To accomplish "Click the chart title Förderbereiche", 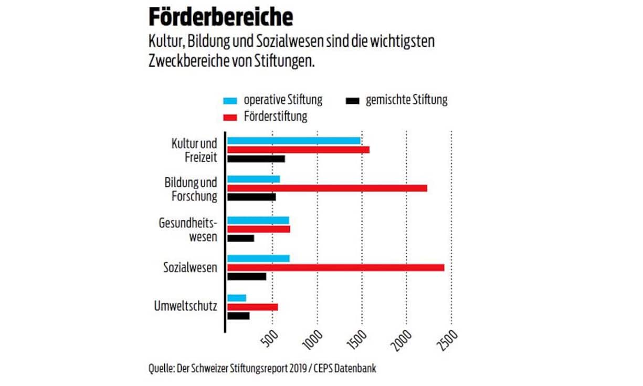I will pyautogui.click(x=221, y=17).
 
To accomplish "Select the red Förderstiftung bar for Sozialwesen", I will pyautogui.click(x=335, y=267).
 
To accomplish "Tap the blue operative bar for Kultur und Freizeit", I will pyautogui.click(x=293, y=141).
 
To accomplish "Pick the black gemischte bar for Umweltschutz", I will pyautogui.click(x=238, y=316).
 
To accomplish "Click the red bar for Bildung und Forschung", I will pyautogui.click(x=327, y=188).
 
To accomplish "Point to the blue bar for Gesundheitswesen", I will pyautogui.click(x=258, y=220).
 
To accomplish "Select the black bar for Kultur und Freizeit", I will pyautogui.click(x=256, y=159).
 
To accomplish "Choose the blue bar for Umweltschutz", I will pyautogui.click(x=237, y=298).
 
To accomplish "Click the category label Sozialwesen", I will pyautogui.click(x=190, y=268).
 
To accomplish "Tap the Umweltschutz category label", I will pyautogui.click(x=185, y=307).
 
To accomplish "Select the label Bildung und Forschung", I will pyautogui.click(x=191, y=190).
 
